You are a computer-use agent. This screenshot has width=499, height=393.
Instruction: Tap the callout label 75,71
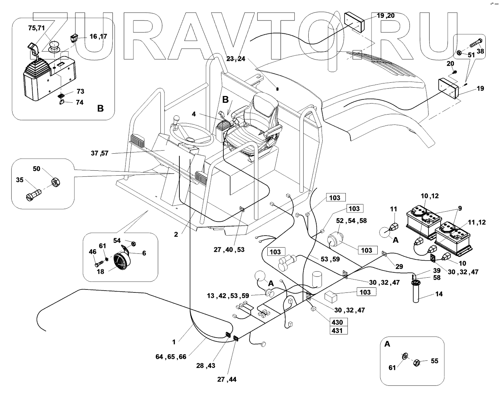point(36,28)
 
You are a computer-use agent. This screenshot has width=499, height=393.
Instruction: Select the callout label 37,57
point(99,153)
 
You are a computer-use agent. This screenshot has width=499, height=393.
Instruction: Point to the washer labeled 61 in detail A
point(405,356)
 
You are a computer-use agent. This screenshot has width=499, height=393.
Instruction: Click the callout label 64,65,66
point(171,357)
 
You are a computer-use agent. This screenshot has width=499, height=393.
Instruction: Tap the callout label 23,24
point(235,59)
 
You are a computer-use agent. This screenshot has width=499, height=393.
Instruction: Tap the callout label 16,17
point(98,36)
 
